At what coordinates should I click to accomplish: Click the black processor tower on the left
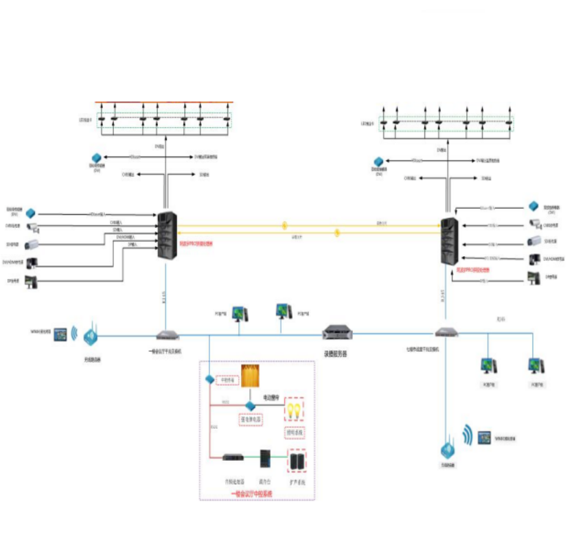tap(167, 236)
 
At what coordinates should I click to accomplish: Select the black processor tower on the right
tap(450, 242)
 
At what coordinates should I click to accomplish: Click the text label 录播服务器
tap(336, 354)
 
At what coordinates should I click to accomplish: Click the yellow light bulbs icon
tap(294, 410)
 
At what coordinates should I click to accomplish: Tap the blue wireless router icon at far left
tap(91, 337)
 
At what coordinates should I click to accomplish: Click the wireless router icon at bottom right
tap(449, 450)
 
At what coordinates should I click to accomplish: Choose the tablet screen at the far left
tap(60, 334)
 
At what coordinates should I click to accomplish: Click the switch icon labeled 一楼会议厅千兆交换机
tap(167, 335)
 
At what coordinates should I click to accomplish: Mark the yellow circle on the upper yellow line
tap(284, 225)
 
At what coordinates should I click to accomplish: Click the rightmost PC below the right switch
tap(536, 365)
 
